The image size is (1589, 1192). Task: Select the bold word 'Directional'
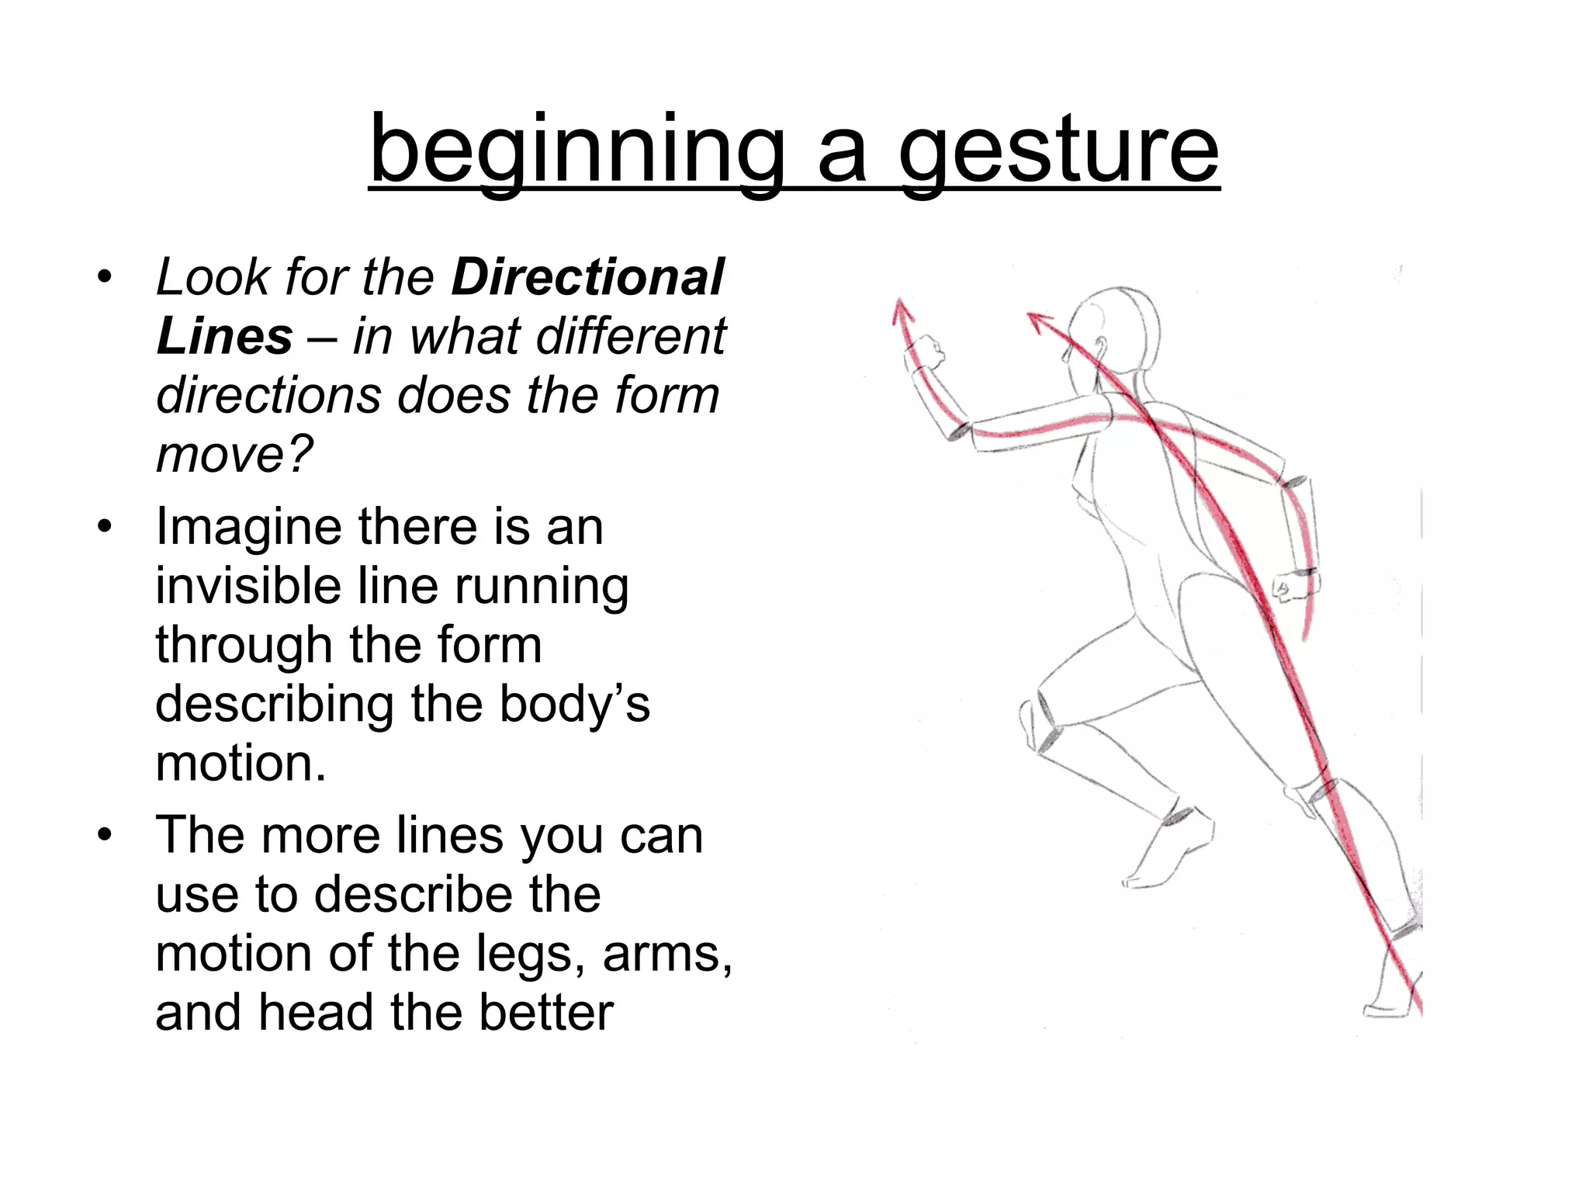(x=587, y=277)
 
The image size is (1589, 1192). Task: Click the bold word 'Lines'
(x=224, y=336)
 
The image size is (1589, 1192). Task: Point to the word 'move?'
(x=234, y=454)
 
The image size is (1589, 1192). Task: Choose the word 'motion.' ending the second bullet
(x=241, y=764)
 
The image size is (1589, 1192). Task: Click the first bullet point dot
(x=105, y=277)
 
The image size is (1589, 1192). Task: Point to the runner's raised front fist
(x=926, y=354)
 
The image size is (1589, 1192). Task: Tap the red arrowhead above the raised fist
(x=902, y=310)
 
